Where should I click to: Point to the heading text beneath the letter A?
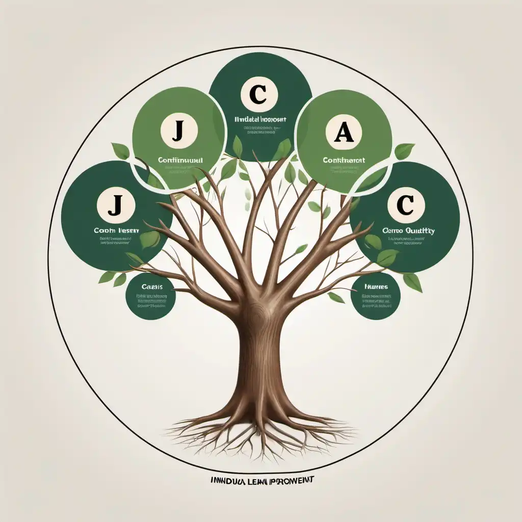point(344,160)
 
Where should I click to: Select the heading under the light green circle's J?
point(180,160)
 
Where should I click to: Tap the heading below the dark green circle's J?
point(116,230)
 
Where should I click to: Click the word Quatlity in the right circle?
point(420,230)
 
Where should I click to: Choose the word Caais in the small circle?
point(151,287)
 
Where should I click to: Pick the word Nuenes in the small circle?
point(376,287)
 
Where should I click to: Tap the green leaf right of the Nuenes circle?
point(412,282)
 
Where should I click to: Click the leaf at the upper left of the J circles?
point(121,151)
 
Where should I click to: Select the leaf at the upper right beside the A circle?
point(404,151)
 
